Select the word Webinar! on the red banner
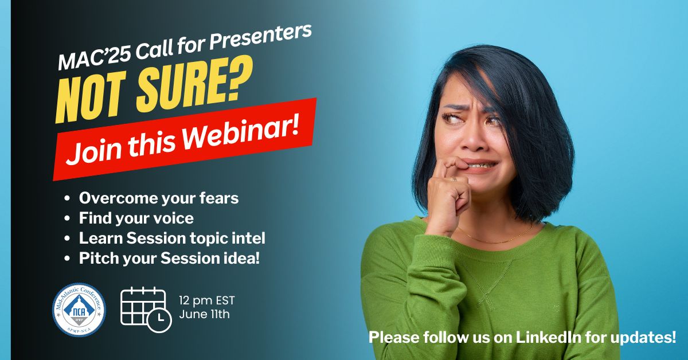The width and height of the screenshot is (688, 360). click(242, 133)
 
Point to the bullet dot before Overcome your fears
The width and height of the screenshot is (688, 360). click(67, 198)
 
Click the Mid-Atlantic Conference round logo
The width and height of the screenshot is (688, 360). click(79, 310)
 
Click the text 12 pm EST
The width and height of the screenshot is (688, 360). click(207, 301)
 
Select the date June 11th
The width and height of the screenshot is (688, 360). click(204, 315)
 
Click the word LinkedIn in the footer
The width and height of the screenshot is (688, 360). click(548, 338)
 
